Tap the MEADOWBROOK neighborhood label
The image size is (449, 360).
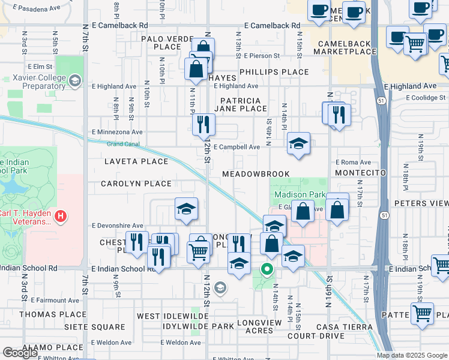pos(256,174)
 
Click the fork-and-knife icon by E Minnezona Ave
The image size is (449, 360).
pos(203,124)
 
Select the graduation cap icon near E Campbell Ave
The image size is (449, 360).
pos(298,144)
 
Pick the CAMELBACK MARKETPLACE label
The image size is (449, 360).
pos(349,48)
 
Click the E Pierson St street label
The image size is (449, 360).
pos(262,56)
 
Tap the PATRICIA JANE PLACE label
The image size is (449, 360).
pos(243,104)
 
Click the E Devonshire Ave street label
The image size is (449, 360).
pos(117,226)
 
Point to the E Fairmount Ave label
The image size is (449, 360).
pos(55,300)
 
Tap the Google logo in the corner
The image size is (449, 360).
pos(20,353)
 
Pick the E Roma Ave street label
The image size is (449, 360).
pos(353,162)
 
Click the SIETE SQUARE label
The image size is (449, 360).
pos(98,328)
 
